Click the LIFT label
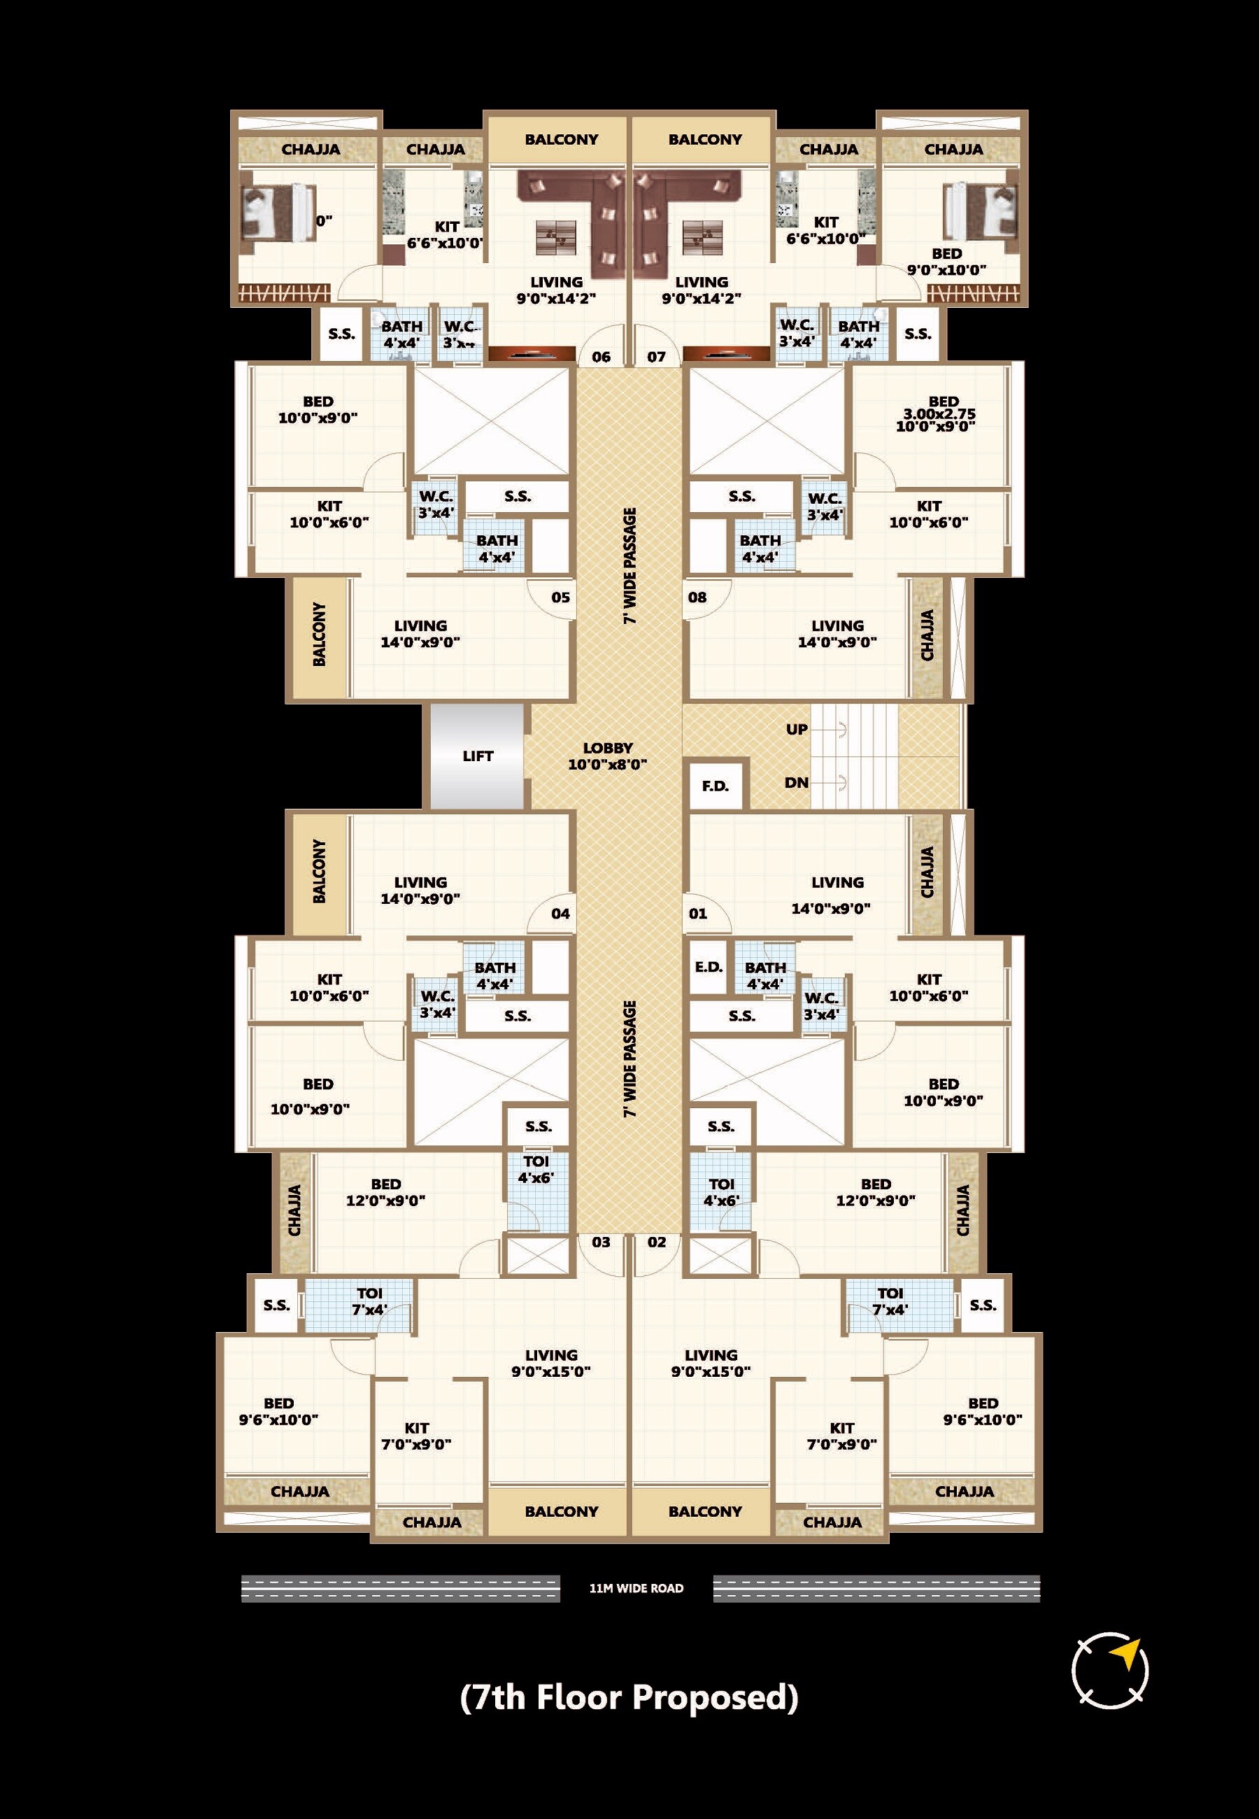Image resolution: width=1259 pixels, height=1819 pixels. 477,756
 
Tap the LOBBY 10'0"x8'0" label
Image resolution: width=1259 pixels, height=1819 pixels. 607,756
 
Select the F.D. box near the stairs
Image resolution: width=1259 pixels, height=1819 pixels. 716,786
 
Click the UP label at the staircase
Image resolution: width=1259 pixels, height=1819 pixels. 797,729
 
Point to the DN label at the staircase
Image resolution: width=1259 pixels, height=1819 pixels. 796,782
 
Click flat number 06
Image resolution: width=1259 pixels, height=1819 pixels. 601,357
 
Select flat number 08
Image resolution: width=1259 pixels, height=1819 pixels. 697,597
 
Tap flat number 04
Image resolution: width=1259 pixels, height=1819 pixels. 560,914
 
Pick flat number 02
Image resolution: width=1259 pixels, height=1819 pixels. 657,1242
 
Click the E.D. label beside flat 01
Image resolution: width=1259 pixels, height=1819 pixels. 709,966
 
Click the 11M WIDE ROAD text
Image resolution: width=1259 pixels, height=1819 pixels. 636,1588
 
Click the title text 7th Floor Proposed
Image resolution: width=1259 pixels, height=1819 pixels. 629,1696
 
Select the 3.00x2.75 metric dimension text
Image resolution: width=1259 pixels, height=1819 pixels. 939,414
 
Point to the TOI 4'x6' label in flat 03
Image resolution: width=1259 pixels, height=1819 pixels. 536,1169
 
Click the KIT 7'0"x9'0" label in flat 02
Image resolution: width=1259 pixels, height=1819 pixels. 841,1436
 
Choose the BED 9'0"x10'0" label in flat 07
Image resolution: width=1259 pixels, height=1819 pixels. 946,261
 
